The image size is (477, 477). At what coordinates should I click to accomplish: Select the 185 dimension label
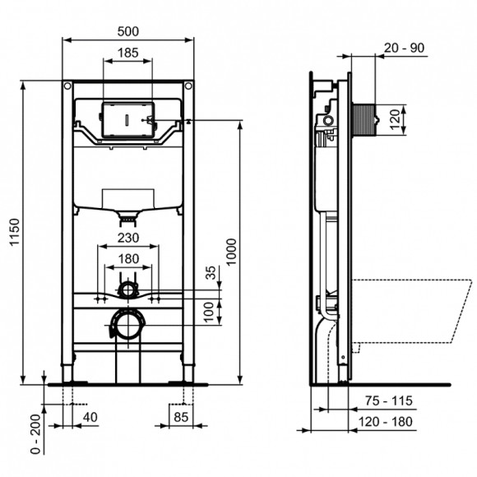(127, 51)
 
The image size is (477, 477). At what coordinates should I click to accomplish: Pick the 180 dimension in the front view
(127, 258)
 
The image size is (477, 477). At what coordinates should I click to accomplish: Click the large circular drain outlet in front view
(127, 324)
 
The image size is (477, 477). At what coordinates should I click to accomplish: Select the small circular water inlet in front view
(127, 290)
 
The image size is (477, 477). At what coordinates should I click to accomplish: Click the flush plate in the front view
(127, 120)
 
